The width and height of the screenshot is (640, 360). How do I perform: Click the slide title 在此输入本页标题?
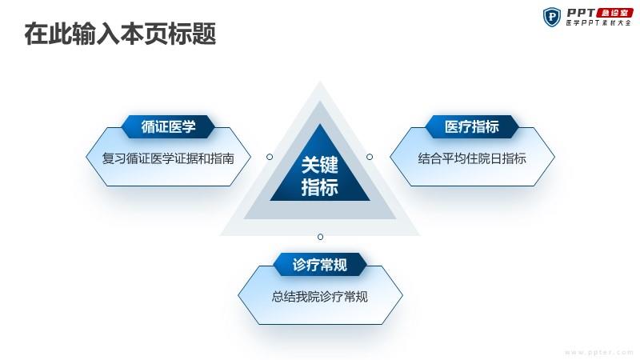click(120, 34)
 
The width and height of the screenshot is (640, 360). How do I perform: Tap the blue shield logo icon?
click(552, 17)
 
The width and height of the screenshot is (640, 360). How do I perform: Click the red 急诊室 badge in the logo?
click(614, 13)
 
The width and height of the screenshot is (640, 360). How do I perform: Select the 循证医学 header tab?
click(168, 126)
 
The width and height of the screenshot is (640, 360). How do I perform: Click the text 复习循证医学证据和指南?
click(168, 158)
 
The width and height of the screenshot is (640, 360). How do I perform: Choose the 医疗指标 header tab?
click(472, 126)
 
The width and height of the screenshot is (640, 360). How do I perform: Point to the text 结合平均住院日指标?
click(472, 158)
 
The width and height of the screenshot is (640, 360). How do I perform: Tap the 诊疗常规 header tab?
click(320, 265)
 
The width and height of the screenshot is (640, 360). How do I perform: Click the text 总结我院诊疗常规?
click(320, 297)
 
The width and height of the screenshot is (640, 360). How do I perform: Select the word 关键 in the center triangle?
click(320, 166)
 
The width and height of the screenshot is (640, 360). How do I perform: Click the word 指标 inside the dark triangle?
click(320, 187)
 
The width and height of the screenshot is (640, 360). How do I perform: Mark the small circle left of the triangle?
click(270, 157)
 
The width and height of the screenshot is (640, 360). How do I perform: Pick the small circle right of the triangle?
click(370, 157)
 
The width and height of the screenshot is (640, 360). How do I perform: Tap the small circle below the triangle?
click(321, 237)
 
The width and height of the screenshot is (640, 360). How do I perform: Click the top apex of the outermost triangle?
click(320, 82)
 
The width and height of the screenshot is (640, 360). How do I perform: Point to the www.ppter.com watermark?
click(598, 352)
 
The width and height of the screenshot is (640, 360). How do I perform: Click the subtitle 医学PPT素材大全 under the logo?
click(598, 23)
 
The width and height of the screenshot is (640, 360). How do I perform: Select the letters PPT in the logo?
click(581, 13)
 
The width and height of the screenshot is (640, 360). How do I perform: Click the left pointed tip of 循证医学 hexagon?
click(86, 157)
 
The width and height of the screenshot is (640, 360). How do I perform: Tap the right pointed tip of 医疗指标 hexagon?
click(554, 157)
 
